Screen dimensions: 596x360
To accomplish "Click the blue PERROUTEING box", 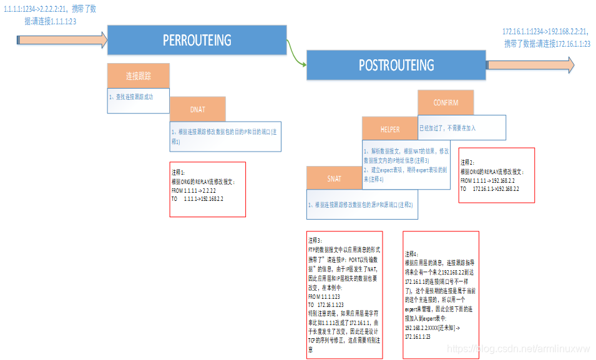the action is tap(197, 41).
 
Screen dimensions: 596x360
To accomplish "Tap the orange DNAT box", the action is tap(197, 109).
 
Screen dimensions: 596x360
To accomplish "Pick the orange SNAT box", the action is tap(335, 178).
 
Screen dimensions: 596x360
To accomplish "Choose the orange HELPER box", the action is tap(390, 129).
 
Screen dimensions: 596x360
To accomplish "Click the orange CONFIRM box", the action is tap(446, 102).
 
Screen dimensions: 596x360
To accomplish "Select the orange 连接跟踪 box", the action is tap(139, 76).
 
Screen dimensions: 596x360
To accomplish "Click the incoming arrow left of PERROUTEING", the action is tap(62, 40).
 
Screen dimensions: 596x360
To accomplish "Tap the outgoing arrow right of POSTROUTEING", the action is tap(530, 64).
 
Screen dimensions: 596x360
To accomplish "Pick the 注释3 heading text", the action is tap(315, 240).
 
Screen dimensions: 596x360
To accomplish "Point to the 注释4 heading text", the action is tap(413, 254).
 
